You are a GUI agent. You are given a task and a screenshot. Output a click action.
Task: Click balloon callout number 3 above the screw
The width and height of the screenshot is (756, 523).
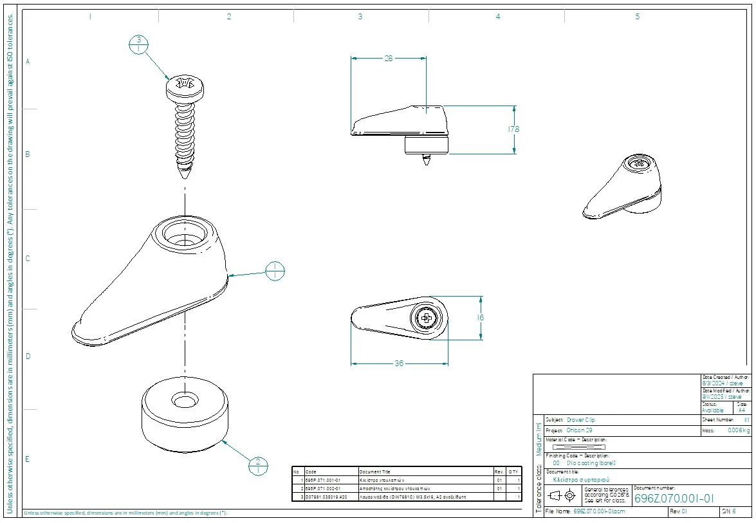[x=138, y=44]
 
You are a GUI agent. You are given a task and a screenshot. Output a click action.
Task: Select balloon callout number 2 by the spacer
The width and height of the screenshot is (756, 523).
[x=258, y=466]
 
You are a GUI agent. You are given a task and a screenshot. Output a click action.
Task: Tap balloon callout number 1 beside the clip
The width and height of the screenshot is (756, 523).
[x=275, y=271]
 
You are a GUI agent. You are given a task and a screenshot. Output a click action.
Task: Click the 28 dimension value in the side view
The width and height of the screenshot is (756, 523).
[x=388, y=59]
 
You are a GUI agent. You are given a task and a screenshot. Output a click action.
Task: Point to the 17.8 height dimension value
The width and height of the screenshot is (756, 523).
[x=513, y=129]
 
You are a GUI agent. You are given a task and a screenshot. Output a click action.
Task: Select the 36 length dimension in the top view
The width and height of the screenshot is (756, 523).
[x=399, y=363]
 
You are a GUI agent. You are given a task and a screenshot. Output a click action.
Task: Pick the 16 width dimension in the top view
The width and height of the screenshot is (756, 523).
[x=481, y=318]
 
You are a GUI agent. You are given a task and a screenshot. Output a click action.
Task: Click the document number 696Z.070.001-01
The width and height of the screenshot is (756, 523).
[x=674, y=498]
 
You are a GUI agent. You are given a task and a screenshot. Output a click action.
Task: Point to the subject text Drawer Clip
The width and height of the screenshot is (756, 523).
[x=580, y=419]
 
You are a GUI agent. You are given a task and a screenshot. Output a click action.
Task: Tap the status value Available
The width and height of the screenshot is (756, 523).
[x=713, y=410]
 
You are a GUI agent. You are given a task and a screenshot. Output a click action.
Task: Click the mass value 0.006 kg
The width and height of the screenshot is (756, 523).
[x=738, y=430]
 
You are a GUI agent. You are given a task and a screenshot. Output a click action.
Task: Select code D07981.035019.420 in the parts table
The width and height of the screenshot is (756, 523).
[x=326, y=497]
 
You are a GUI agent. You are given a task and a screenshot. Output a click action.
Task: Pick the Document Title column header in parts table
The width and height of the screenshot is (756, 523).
[x=374, y=472]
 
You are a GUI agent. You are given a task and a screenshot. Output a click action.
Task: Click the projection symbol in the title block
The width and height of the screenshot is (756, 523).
[x=561, y=495]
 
